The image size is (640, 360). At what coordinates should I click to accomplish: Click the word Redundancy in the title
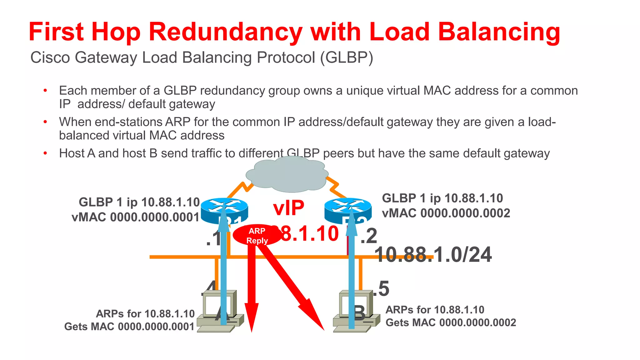coord(225,32)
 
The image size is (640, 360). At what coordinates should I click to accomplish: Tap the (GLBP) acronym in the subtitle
coord(347,58)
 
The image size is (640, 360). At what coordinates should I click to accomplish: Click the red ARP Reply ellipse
coord(257,236)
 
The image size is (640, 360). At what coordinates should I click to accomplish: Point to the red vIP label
coord(288,208)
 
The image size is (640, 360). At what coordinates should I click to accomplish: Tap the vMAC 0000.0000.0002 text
coord(446,213)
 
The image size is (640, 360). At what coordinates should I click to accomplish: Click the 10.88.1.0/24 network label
coord(433,255)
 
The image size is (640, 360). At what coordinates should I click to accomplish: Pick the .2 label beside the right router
coord(369,236)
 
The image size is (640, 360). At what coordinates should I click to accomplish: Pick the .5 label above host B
coord(383,288)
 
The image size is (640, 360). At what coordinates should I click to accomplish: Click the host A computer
coord(220,311)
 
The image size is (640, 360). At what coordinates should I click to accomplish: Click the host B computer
coord(356,311)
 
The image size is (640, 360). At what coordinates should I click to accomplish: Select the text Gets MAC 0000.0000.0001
coord(129,327)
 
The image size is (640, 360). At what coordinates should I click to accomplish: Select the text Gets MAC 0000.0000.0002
coord(451,322)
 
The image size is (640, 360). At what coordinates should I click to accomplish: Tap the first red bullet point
coord(45,91)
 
